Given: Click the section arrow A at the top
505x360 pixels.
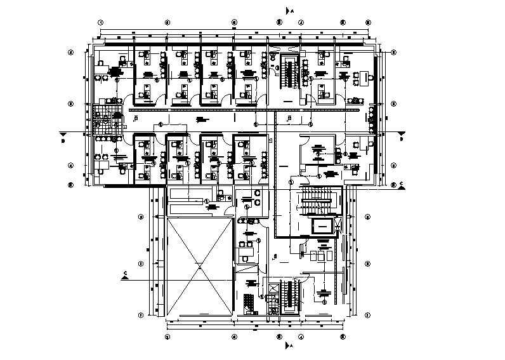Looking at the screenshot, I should (287, 11).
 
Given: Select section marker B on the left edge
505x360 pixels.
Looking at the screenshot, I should (63, 135).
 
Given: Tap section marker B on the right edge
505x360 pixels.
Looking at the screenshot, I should (402, 135).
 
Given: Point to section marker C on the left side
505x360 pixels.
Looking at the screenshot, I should (125, 275).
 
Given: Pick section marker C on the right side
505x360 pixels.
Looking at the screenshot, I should (401, 185).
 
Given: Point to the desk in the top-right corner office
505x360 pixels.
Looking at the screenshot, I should (363, 77).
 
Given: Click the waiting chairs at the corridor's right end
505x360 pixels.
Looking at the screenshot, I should (371, 117).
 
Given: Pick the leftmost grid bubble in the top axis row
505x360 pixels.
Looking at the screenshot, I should (100, 22).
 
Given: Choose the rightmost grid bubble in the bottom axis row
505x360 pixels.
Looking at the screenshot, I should (343, 337).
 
